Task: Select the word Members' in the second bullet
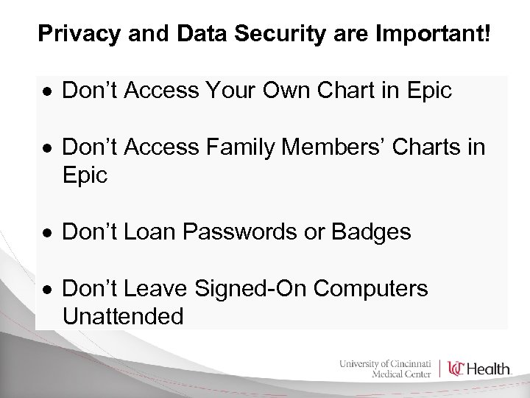coord(336,147)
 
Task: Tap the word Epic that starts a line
coord(85,175)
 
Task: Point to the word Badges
coord(372,232)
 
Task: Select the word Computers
coord(370,289)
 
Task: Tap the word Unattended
coord(123,317)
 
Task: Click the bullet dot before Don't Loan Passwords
coord(46,234)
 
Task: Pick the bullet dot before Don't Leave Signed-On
coord(46,290)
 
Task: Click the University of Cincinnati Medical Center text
coord(386,367)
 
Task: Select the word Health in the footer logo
coord(490,369)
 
